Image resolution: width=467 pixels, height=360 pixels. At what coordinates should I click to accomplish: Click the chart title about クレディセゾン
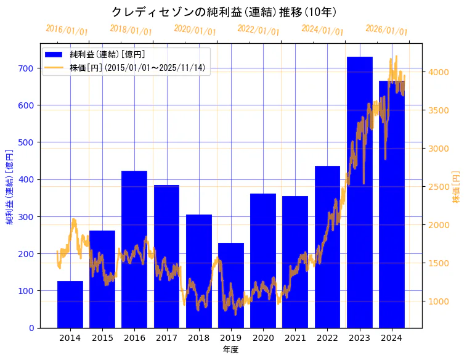pos(224,12)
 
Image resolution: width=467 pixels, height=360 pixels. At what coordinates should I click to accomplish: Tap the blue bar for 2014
pos(70,305)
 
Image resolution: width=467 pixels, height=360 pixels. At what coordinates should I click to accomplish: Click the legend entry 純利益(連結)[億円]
pos(107,54)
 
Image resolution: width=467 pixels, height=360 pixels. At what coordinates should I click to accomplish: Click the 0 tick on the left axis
pos(31,328)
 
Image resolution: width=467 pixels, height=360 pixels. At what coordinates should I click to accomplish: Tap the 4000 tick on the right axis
pos(438,72)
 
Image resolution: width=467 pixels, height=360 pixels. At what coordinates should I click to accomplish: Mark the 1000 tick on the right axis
pos(438,301)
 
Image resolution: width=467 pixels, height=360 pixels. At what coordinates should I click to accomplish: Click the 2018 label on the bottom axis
pos(199,338)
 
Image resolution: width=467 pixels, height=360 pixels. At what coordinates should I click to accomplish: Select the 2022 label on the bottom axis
pos(327,338)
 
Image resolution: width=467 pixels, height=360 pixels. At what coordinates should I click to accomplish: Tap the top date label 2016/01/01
pos(67,30)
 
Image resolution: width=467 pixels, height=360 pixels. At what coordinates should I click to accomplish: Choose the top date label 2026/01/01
pos(386,30)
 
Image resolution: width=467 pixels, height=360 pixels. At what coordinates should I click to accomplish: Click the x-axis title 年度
pos(230,350)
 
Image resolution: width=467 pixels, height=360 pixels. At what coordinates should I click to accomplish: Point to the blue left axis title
pos(10,187)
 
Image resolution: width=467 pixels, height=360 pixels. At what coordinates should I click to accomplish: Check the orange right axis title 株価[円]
pos(457,187)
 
